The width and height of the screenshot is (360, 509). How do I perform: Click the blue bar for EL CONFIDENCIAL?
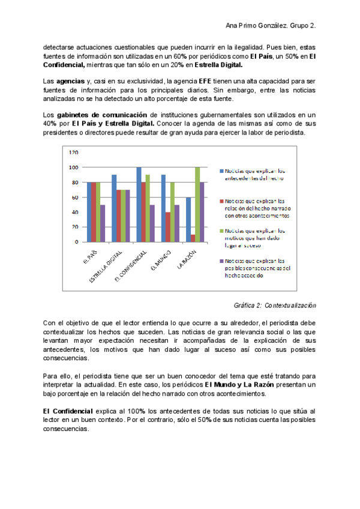click(139, 204)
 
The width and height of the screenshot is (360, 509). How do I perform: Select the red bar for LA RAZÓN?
click(193, 238)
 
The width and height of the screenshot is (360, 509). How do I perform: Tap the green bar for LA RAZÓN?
click(197, 204)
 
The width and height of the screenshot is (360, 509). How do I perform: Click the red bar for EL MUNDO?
click(168, 227)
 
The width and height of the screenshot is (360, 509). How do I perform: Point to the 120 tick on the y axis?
click(73, 153)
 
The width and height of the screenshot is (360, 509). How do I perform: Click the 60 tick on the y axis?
click(74, 197)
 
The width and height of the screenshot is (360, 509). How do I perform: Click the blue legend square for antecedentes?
click(220, 170)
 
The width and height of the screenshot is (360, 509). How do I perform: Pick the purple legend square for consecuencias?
click(220, 261)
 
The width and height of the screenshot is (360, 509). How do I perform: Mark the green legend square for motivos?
click(220, 230)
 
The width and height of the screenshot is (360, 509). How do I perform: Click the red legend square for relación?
click(220, 200)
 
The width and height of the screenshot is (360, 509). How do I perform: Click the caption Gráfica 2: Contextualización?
click(275, 305)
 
